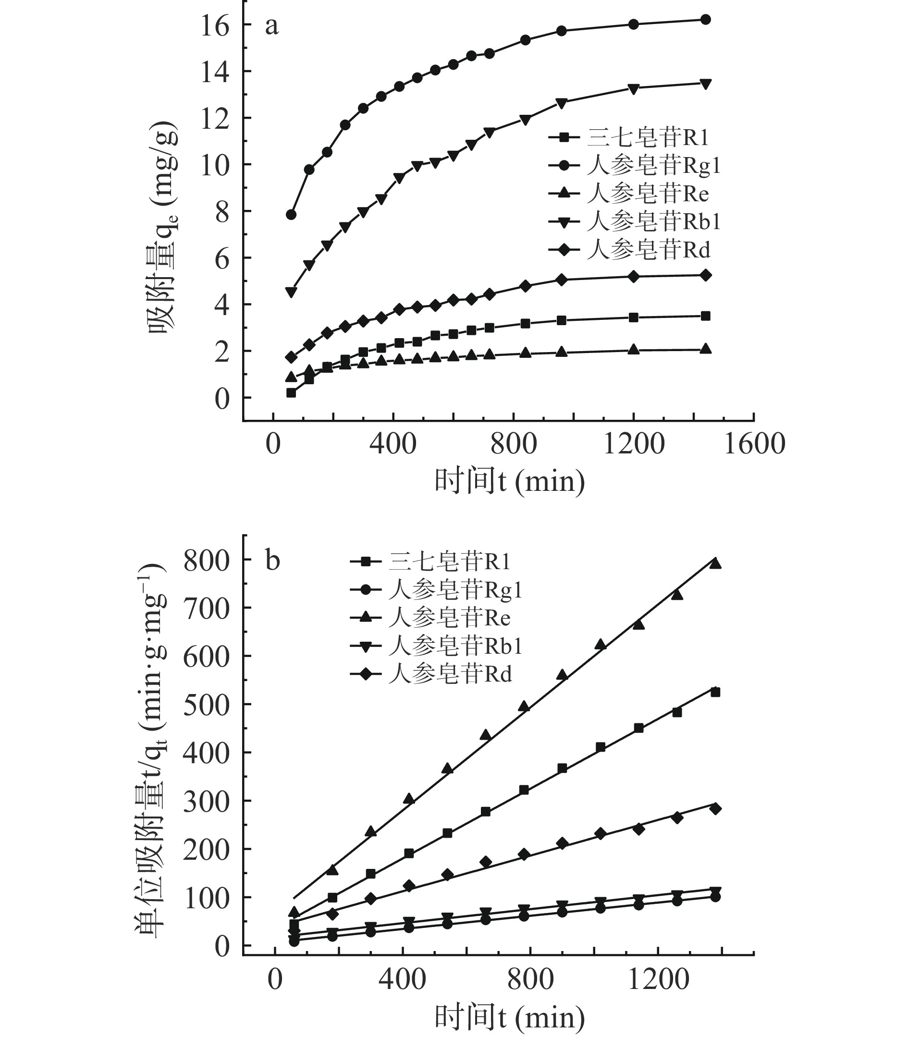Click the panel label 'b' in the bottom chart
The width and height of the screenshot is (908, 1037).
[x=272, y=561]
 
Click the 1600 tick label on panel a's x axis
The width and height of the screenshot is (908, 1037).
[x=754, y=444]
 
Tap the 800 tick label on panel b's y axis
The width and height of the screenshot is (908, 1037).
[x=206, y=561]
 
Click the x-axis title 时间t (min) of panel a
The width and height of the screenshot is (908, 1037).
[x=509, y=481]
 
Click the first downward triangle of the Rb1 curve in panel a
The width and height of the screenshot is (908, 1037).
[x=291, y=292]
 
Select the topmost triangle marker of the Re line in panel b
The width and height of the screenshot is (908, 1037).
[x=715, y=563]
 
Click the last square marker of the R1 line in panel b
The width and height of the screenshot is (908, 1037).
[x=715, y=692]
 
